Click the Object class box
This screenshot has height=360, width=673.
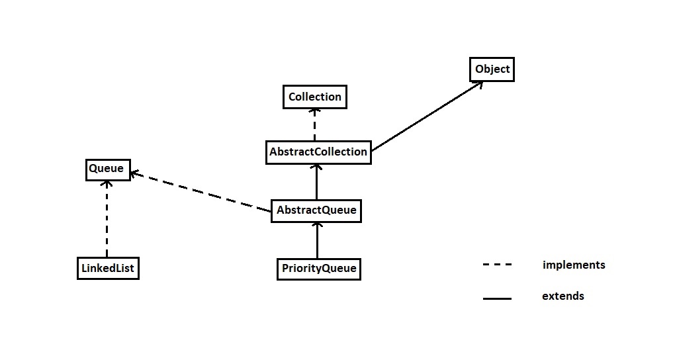tap(492, 69)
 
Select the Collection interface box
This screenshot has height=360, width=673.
tap(314, 97)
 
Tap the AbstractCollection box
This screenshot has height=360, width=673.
tap(318, 152)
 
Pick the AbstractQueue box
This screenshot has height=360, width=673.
tap(316, 210)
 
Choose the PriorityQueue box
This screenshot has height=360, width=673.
tap(318, 269)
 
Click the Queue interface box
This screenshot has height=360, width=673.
tap(107, 169)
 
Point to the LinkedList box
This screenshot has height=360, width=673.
tap(108, 269)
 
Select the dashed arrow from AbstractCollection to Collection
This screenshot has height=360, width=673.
tap(315, 124)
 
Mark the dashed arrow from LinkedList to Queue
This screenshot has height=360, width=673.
tap(107, 218)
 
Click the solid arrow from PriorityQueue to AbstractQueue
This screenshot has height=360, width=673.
tap(317, 241)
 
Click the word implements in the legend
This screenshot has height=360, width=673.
tap(573, 265)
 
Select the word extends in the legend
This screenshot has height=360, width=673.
tap(562, 296)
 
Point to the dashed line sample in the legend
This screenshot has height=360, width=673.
tap(497, 265)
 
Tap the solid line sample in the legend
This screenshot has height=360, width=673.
tap(497, 298)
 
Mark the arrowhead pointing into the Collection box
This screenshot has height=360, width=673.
tap(315, 112)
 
